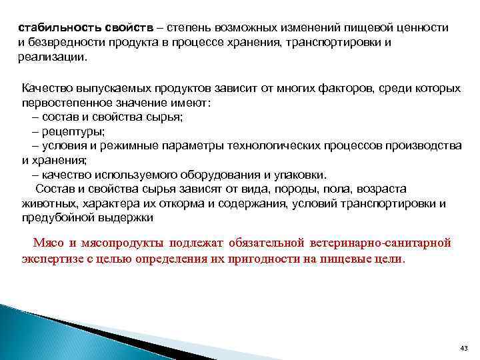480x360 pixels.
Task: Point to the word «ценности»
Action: pyautogui.click(x=425, y=29)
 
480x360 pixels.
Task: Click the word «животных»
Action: pyautogui.click(x=48, y=203)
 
